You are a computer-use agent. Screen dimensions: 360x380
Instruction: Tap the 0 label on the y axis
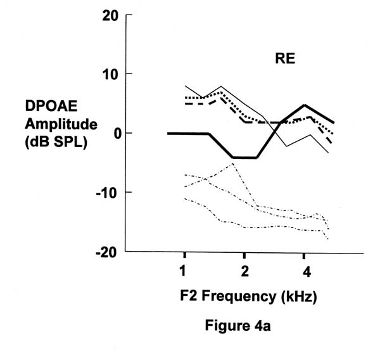coord(115,134)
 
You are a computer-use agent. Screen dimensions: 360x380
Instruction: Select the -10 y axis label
coord(107,193)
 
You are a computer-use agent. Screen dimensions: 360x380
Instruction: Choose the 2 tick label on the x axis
coord(245,273)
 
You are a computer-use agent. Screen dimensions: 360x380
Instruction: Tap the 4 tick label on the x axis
coord(306,273)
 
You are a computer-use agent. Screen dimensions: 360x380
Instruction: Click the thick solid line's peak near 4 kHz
coord(305,105)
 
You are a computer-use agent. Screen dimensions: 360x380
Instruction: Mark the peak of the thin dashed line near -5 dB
coord(233,164)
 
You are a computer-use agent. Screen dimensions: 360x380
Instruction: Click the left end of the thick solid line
coord(168,133)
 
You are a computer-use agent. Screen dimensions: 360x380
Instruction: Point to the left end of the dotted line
coord(185,98)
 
